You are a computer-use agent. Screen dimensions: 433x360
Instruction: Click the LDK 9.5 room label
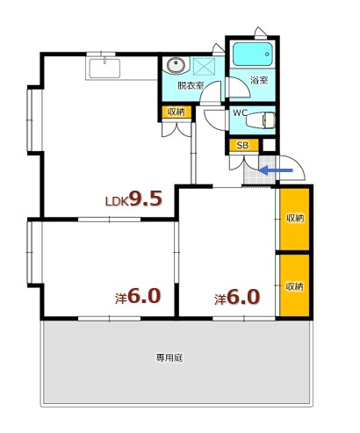click(x=133, y=199)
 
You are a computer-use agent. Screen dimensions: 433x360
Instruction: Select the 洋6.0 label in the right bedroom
click(x=237, y=297)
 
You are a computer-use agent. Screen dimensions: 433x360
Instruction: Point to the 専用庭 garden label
click(x=169, y=358)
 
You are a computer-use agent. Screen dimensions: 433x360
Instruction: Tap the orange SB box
click(x=242, y=145)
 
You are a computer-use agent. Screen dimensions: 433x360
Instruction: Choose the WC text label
click(x=240, y=114)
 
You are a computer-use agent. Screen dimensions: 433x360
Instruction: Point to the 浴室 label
click(x=258, y=81)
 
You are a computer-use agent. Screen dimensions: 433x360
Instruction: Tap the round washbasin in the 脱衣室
click(x=175, y=64)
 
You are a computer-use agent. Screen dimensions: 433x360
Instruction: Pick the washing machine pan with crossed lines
click(x=205, y=66)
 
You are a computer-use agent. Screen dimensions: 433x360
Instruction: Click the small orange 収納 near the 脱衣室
click(x=175, y=112)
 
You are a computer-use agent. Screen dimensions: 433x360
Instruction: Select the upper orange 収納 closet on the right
click(x=294, y=218)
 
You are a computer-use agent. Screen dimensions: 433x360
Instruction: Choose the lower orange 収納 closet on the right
click(x=294, y=285)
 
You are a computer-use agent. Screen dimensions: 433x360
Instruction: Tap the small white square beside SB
click(x=270, y=145)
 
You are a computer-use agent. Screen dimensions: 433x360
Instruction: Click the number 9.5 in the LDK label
click(x=146, y=198)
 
